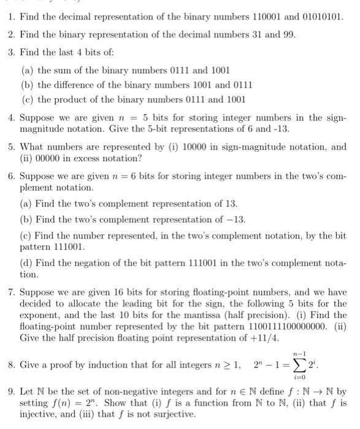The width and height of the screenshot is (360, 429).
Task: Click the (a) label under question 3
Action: (x=27, y=70)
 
